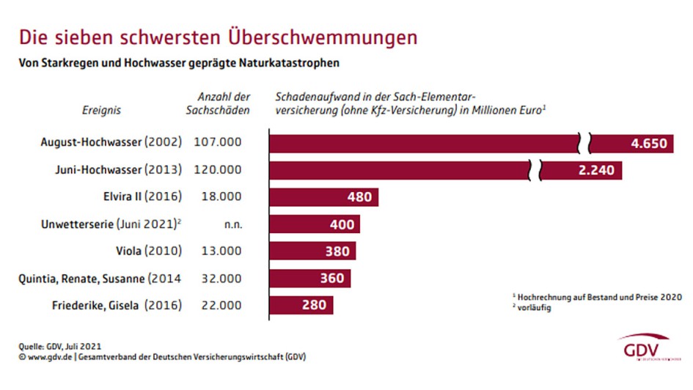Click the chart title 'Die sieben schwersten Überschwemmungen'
tap(218, 37)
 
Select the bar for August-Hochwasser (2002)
tap(425, 143)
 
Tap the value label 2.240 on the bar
tap(593, 170)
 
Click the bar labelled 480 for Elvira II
tap(323, 196)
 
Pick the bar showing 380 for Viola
tap(312, 251)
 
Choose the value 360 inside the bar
tap(331, 278)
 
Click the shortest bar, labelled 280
tap(301, 304)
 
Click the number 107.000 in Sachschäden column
tap(217, 143)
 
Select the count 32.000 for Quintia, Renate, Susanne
tap(217, 278)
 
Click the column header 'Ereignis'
tap(101, 111)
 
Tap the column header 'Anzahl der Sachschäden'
tap(224, 103)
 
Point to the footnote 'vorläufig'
tap(534, 308)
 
